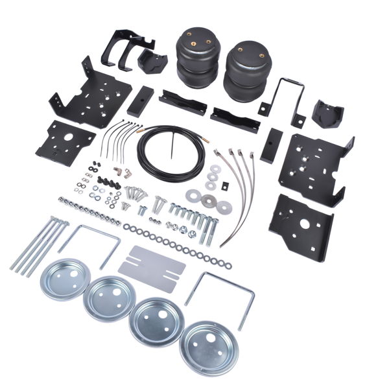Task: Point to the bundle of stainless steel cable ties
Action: [240, 188]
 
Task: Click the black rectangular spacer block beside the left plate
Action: [140, 102]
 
